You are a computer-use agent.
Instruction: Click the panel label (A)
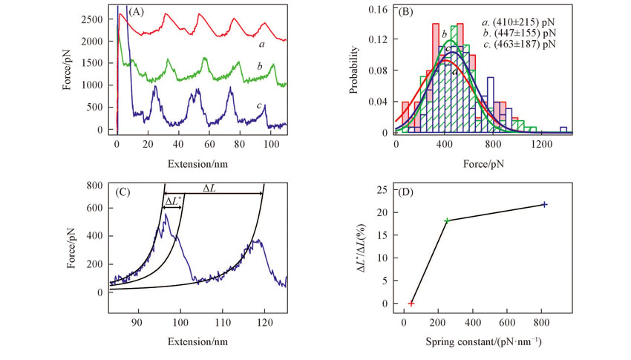pyautogui.click(x=136, y=12)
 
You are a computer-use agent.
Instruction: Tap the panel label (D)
pyautogui.click(x=408, y=194)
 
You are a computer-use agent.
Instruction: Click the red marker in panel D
pyautogui.click(x=411, y=304)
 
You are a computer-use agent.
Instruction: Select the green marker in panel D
pyautogui.click(x=447, y=220)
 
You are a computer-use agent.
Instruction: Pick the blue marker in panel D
pyautogui.click(x=545, y=204)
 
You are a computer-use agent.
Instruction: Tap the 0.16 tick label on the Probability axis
pyautogui.click(x=380, y=10)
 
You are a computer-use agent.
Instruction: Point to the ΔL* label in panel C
pyautogui.click(x=173, y=201)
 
